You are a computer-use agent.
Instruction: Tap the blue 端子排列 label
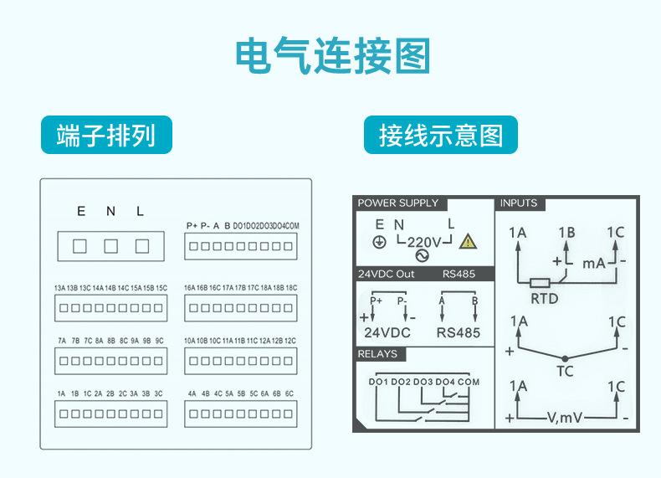pyautogui.click(x=106, y=135)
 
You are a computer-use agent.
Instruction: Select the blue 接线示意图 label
pyautogui.click(x=440, y=135)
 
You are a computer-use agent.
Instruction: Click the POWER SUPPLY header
pyautogui.click(x=398, y=203)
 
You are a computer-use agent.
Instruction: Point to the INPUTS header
pyautogui.click(x=519, y=203)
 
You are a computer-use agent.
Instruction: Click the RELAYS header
pyautogui.click(x=377, y=354)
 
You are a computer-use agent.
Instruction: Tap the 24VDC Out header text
pyautogui.click(x=387, y=274)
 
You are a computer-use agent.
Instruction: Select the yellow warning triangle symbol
pyautogui.click(x=468, y=242)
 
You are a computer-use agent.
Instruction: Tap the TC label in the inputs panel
pyautogui.click(x=565, y=371)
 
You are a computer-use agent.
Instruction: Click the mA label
pyautogui.click(x=594, y=264)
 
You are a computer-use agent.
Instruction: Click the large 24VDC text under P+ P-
pyautogui.click(x=387, y=332)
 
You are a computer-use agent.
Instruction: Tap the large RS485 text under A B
pyautogui.click(x=459, y=332)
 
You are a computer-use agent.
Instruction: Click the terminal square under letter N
pyautogui.click(x=110, y=246)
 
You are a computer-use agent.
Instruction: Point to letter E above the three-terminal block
pyautogui.click(x=81, y=212)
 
